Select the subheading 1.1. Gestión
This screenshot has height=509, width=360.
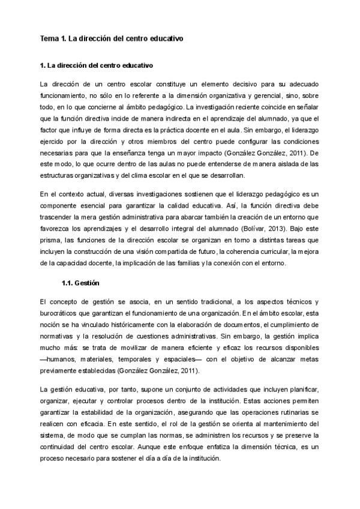[x=80, y=283]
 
